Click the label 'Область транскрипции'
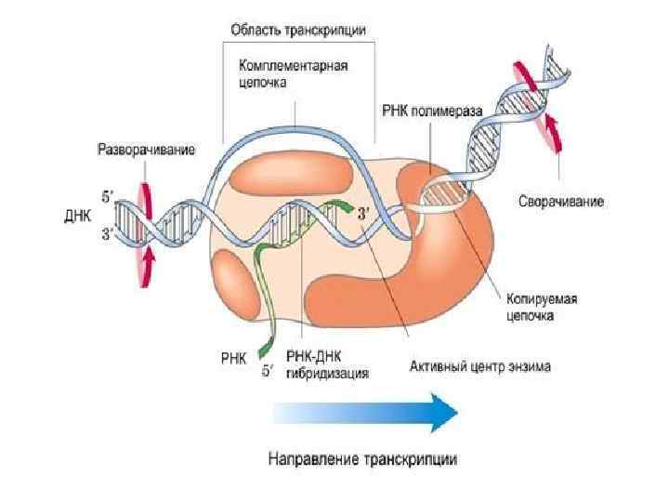click(x=297, y=29)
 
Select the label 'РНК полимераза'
click(x=432, y=110)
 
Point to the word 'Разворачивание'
click(x=146, y=150)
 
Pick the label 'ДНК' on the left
click(x=77, y=215)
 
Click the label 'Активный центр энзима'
click(x=480, y=367)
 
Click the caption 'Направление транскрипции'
click(x=362, y=459)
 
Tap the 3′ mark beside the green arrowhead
click(x=364, y=211)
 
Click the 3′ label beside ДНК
click(x=108, y=235)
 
